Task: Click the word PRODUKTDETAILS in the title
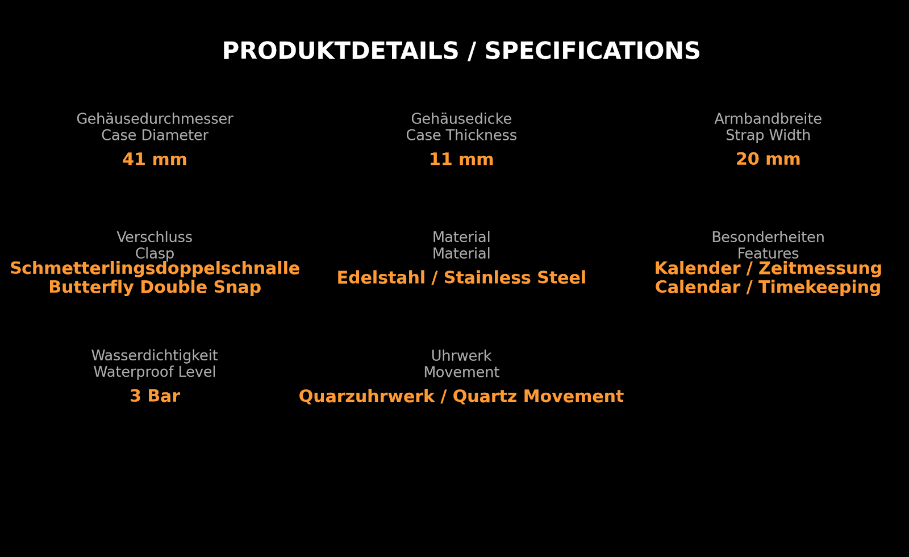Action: pos(340,51)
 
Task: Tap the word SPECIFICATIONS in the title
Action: pos(593,51)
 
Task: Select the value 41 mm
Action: pos(155,159)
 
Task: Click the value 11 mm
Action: pos(461,159)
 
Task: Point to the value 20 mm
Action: pos(768,159)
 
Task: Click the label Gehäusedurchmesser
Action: pos(155,119)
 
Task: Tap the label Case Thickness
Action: pos(461,135)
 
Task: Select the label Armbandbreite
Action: pos(768,119)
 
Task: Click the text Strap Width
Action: pos(768,135)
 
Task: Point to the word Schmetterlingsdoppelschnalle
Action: pos(155,268)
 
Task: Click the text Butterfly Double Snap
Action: pos(155,287)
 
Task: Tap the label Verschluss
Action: pos(155,237)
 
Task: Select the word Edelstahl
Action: pos(381,278)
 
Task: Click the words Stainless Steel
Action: pos(515,278)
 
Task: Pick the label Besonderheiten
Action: pos(768,237)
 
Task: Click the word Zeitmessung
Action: pos(820,268)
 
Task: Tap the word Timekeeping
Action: pos(820,287)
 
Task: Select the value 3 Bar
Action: pos(155,396)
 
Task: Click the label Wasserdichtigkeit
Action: pos(155,356)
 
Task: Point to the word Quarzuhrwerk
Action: pos(367,396)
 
